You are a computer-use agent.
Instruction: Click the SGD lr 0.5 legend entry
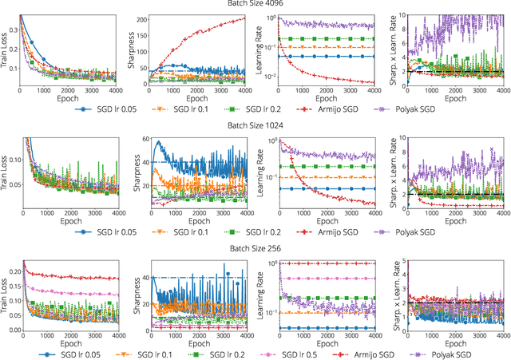[299, 354]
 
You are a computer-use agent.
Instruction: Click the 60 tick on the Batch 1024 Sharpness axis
[145, 140]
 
